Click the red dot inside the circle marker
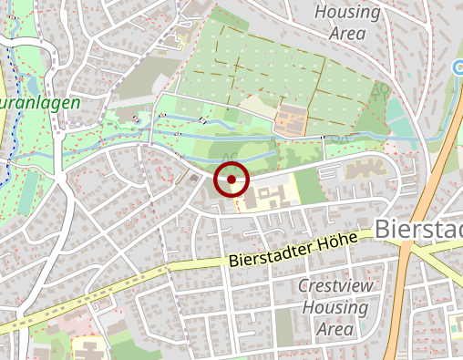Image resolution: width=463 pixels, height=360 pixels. click(231, 180)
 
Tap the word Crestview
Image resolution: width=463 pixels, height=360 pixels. click(334, 285)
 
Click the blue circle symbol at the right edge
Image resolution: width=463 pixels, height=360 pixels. click(458, 67)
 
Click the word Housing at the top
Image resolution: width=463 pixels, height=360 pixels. click(346, 13)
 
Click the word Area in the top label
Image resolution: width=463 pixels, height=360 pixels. click(347, 34)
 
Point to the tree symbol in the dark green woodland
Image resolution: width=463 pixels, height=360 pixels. click(380, 89)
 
